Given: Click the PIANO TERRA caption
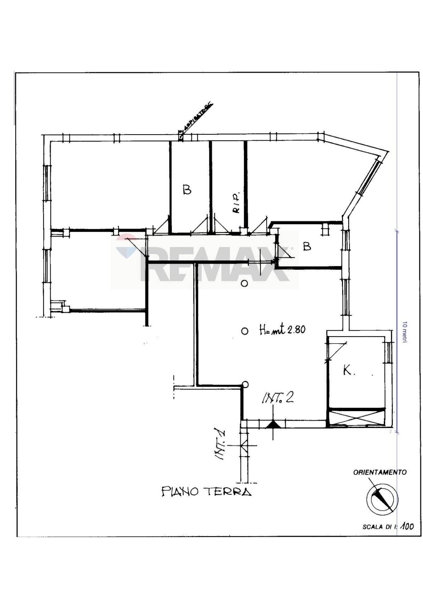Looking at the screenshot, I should pyautogui.click(x=206, y=492).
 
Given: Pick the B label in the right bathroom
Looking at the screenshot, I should pyautogui.click(x=307, y=247).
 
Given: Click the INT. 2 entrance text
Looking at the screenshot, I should pyautogui.click(x=278, y=398).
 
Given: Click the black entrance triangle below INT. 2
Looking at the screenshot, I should pyautogui.click(x=273, y=425).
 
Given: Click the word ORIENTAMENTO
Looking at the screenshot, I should pyautogui.click(x=380, y=472).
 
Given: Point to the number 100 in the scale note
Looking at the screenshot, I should pyautogui.click(x=407, y=527).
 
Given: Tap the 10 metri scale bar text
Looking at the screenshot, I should pyautogui.click(x=405, y=332).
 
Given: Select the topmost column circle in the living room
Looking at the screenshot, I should pyautogui.click(x=245, y=283).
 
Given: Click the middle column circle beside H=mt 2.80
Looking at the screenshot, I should pyautogui.click(x=245, y=331).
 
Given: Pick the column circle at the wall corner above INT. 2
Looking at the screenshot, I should pyautogui.click(x=245, y=385).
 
